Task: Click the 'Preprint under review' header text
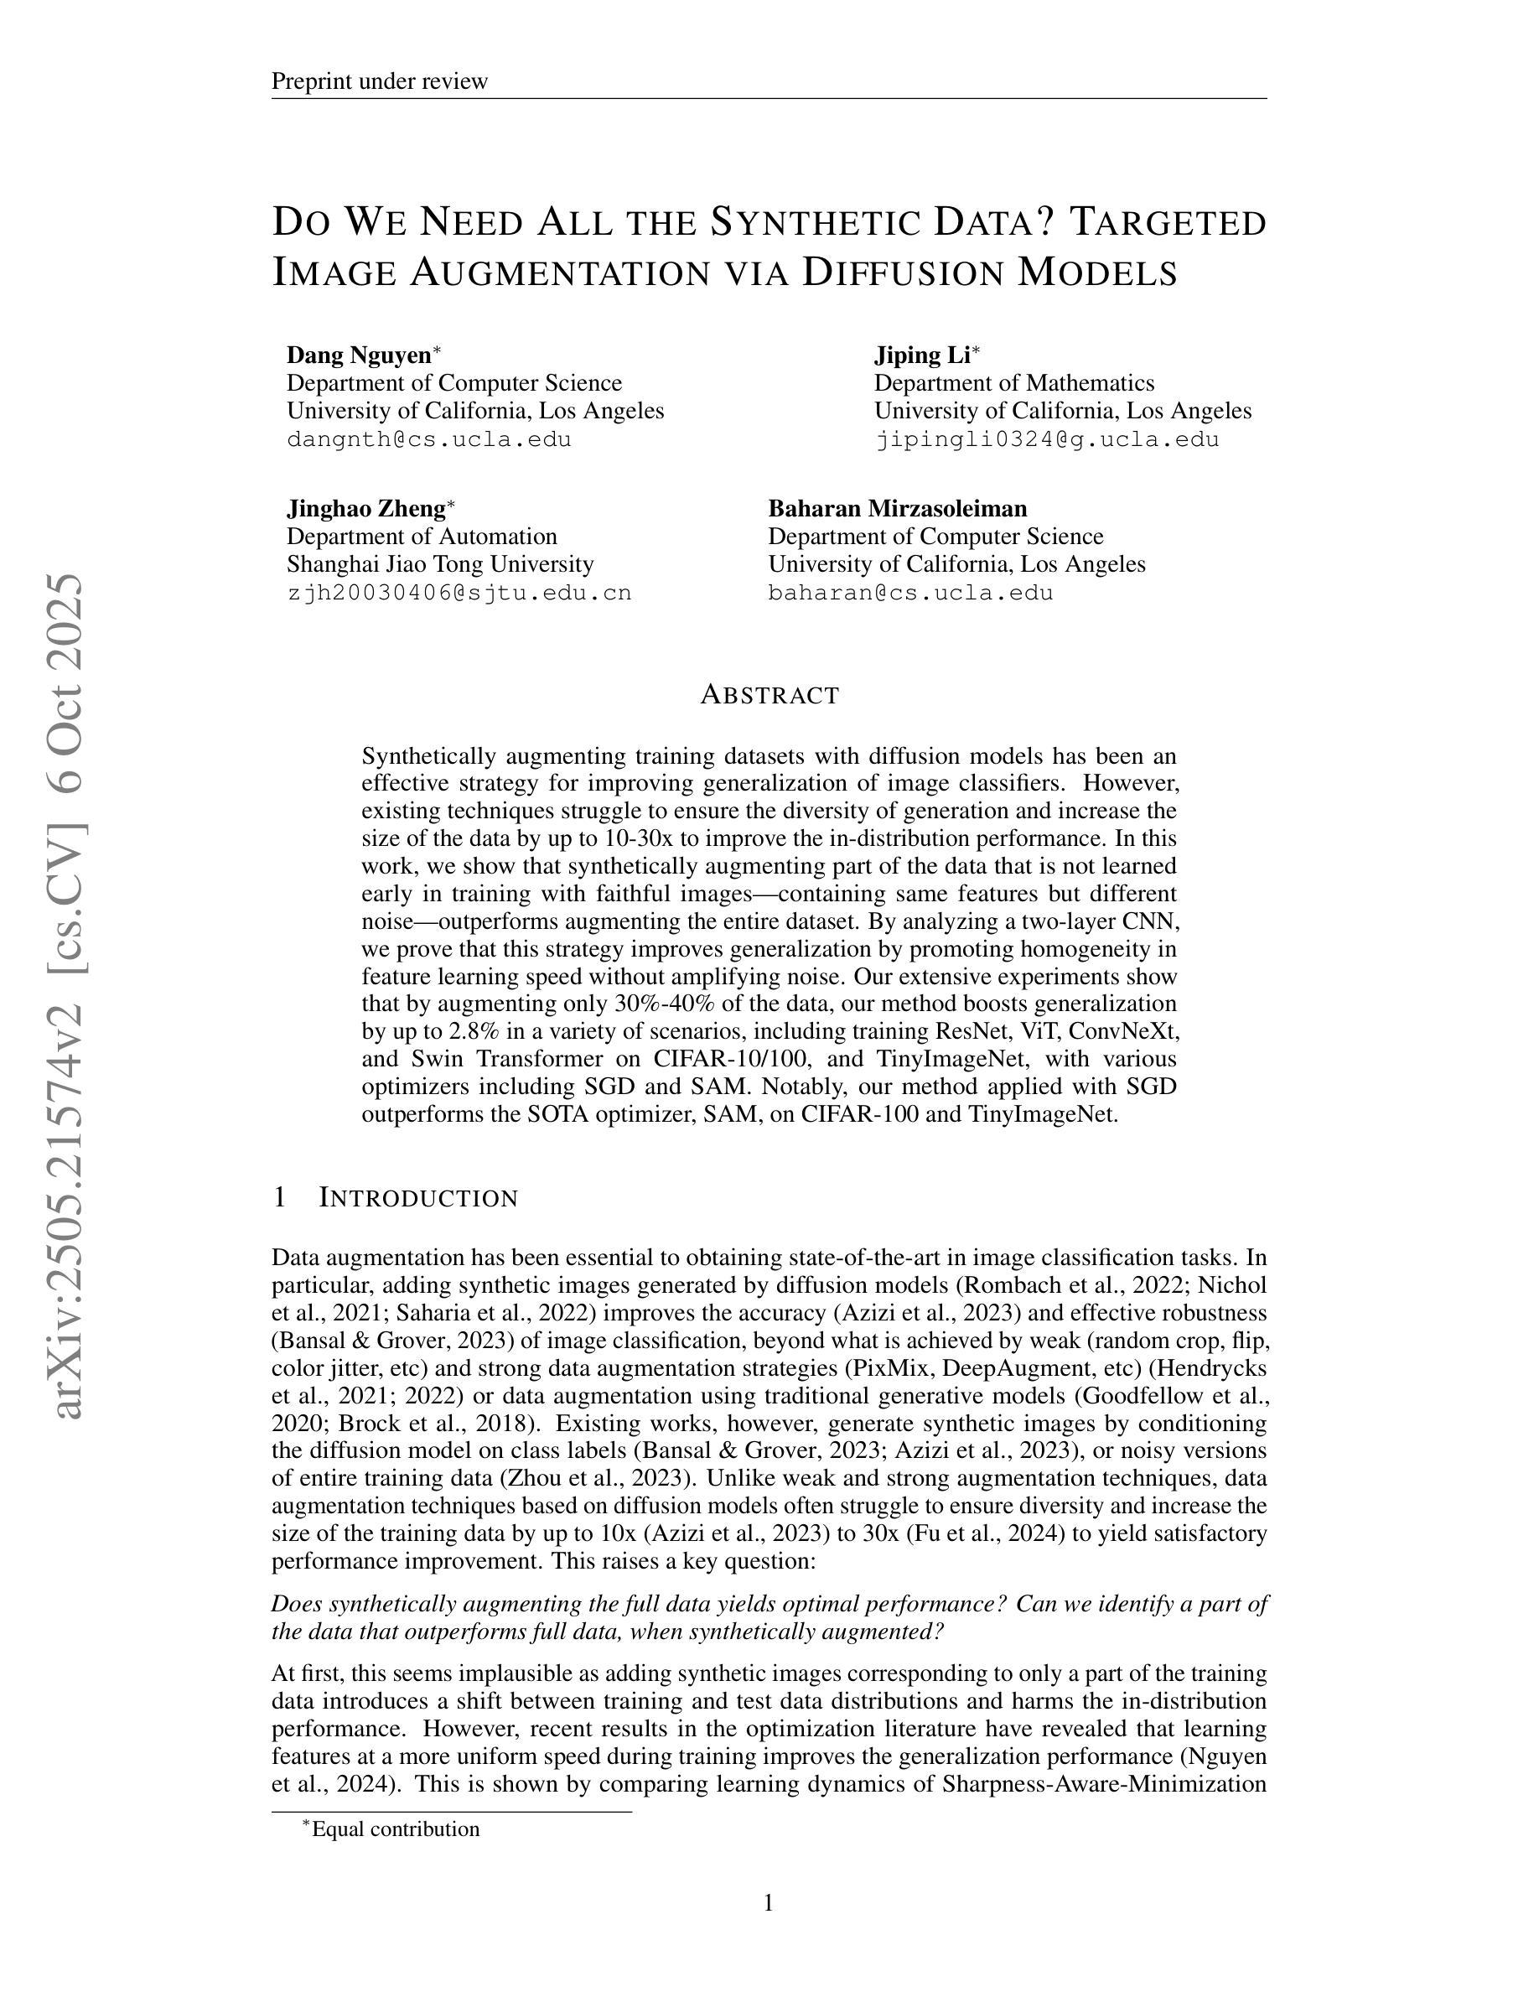[x=379, y=81]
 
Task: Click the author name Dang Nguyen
[x=360, y=355]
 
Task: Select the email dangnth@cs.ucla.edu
[x=428, y=438]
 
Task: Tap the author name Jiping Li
[x=922, y=355]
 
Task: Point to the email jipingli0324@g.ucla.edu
[x=1047, y=438]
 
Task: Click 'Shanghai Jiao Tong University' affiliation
[x=439, y=563]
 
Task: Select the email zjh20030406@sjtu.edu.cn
[x=459, y=593]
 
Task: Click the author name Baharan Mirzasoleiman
[x=897, y=508]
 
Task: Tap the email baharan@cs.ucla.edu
[x=910, y=593]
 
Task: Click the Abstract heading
[x=769, y=695]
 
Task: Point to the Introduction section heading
[x=417, y=1197]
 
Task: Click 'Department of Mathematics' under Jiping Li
[x=1013, y=383]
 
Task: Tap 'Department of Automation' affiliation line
[x=422, y=537]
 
